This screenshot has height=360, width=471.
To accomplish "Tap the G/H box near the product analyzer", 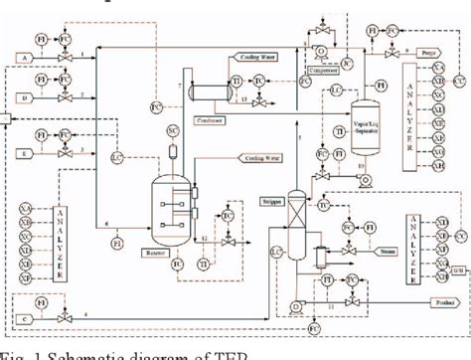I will point(457,271).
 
